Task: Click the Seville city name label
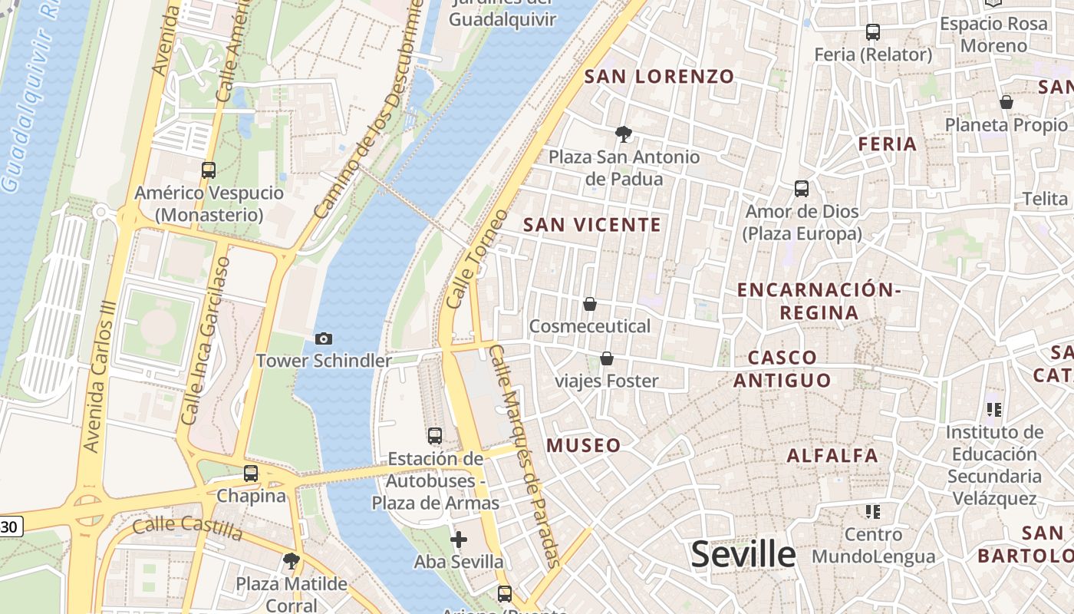click(x=743, y=554)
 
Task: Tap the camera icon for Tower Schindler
click(x=324, y=338)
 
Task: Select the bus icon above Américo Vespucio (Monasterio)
click(x=209, y=170)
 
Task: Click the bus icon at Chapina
click(x=251, y=474)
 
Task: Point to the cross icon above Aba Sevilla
click(x=459, y=540)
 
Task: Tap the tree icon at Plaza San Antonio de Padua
click(x=624, y=134)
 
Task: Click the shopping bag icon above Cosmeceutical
click(x=590, y=304)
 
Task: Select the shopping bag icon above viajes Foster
click(x=607, y=358)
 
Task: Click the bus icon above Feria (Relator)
click(x=873, y=32)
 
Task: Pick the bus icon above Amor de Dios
click(x=802, y=189)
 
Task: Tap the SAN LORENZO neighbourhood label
click(x=660, y=77)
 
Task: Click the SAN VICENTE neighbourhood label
click(x=591, y=225)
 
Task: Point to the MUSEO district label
click(x=584, y=445)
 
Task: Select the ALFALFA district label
click(x=832, y=456)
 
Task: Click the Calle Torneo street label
click(x=476, y=259)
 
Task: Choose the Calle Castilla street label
click(x=188, y=528)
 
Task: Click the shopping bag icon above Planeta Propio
click(x=1006, y=102)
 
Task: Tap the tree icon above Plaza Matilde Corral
click(x=291, y=561)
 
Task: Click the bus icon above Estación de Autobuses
click(x=435, y=436)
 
